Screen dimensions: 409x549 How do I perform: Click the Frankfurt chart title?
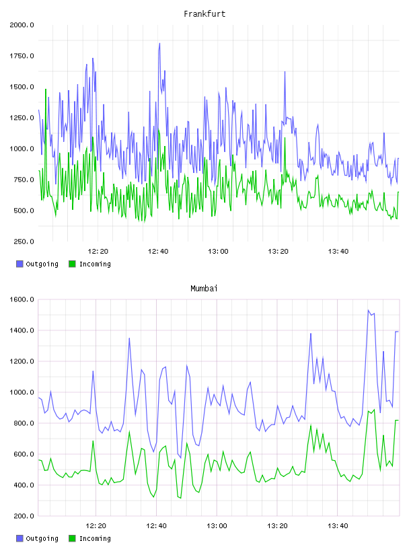204,13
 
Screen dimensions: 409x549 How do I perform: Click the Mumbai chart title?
204,288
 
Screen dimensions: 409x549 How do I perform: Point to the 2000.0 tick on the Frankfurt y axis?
22,25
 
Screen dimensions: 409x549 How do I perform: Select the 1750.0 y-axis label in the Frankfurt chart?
22,56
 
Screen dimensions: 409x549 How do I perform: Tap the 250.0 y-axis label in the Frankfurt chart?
24,242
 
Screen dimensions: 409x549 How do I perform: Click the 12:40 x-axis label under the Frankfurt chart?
158,251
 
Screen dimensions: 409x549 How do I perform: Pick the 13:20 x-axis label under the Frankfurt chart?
278,251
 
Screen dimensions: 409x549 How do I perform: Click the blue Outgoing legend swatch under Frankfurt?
20,264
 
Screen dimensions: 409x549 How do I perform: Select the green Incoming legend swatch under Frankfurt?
72,264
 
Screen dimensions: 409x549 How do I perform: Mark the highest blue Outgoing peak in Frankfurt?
159,44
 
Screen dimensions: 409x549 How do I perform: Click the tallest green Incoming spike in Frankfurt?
46,89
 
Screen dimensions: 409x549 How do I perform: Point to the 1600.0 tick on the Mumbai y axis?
22,299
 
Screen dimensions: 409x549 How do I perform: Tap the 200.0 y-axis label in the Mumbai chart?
24,516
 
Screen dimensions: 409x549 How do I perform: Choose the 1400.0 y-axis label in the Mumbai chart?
22,330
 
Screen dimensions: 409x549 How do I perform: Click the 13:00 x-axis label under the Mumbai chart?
217,525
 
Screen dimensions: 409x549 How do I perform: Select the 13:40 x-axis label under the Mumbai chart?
338,525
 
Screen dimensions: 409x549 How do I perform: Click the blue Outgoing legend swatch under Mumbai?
20,538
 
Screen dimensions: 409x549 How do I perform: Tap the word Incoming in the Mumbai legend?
95,538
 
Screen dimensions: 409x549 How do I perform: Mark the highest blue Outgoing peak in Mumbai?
369,310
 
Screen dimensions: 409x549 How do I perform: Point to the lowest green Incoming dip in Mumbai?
181,498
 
